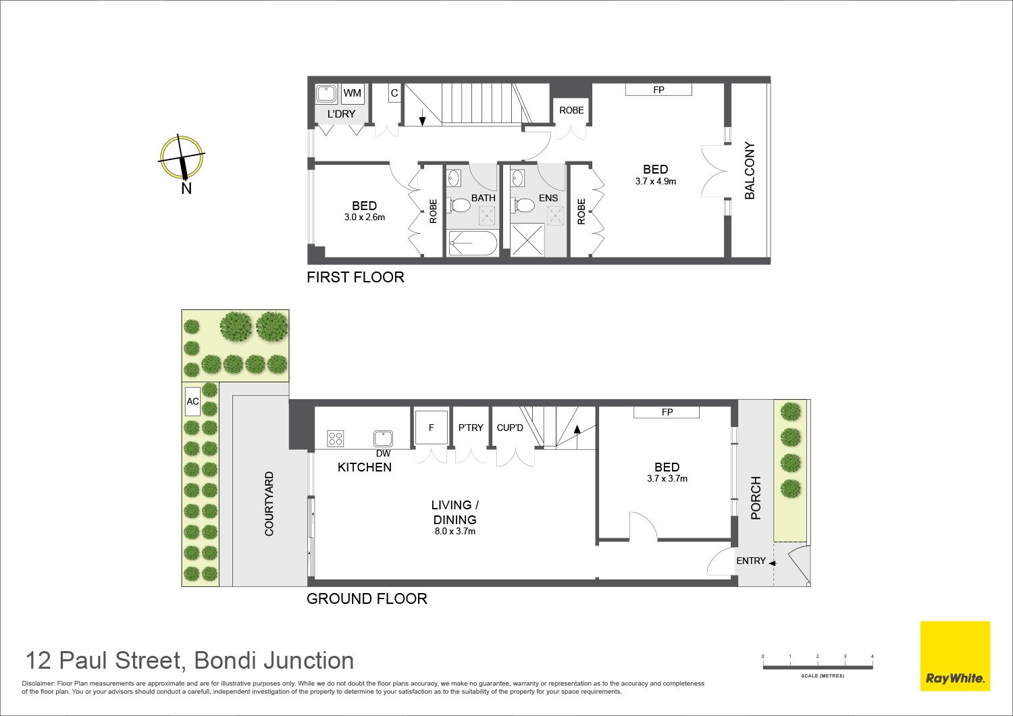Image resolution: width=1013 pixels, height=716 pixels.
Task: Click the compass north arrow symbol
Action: click(x=182, y=157)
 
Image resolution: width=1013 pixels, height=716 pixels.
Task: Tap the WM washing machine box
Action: click(x=352, y=93)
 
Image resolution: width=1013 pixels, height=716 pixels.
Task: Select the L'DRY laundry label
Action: click(x=342, y=114)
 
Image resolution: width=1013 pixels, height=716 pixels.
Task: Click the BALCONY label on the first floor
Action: click(x=750, y=170)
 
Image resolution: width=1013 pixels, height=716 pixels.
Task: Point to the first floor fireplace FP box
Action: click(x=658, y=90)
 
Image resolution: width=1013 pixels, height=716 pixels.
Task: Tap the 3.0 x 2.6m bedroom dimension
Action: click(x=365, y=217)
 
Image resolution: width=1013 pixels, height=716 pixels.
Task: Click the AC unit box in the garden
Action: click(x=192, y=401)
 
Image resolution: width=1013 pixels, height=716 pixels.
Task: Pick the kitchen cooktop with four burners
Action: click(x=336, y=438)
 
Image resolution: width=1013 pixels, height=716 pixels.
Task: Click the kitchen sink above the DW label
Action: click(x=383, y=439)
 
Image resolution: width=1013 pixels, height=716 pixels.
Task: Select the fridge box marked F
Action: click(x=431, y=428)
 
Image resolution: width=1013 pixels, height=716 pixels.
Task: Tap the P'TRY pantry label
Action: click(x=471, y=428)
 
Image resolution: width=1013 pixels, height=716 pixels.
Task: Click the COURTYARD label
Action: click(x=269, y=504)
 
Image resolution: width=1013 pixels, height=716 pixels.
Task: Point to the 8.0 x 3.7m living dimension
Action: click(x=455, y=532)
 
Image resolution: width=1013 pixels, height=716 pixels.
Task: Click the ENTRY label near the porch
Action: click(x=751, y=561)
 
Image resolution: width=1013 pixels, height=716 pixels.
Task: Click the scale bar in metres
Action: click(x=818, y=667)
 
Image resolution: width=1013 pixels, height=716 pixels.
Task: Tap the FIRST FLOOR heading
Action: click(x=355, y=277)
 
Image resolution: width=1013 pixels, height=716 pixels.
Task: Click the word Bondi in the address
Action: click(x=226, y=661)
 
